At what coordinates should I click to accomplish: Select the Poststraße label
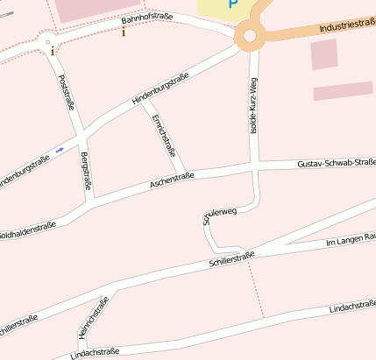pyautogui.click(x=66, y=93)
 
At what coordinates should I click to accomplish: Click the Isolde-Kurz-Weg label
pyautogui.click(x=254, y=105)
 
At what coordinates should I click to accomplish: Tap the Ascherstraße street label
pyautogui.click(x=172, y=180)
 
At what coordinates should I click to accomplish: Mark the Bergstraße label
pyautogui.click(x=86, y=170)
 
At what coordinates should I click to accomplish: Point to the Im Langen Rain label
pyautogui.click(x=351, y=239)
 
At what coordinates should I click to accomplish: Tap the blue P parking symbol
pyautogui.click(x=233, y=4)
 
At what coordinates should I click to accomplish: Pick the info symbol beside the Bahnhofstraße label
pyautogui.click(x=124, y=32)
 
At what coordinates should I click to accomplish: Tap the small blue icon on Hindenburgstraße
pyautogui.click(x=60, y=150)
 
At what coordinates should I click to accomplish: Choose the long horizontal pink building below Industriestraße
pyautogui.click(x=343, y=92)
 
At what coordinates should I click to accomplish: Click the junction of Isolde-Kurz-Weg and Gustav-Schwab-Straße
pyautogui.click(x=254, y=166)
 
